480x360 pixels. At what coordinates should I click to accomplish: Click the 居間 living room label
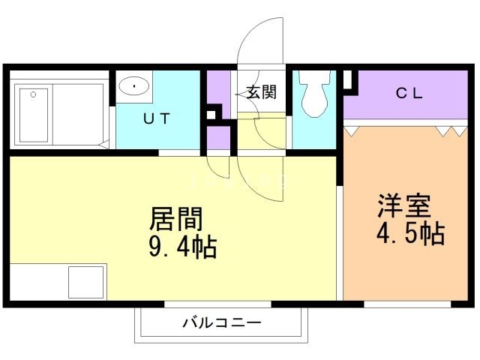point(177,219)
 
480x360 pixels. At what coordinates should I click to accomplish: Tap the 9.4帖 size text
point(181,246)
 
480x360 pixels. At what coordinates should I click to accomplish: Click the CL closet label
point(409,94)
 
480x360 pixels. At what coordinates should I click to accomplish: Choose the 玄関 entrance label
point(262,92)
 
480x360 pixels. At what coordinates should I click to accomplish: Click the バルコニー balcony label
point(221,324)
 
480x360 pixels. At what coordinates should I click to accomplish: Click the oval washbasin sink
point(134,85)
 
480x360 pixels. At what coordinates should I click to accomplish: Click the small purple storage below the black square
point(218,138)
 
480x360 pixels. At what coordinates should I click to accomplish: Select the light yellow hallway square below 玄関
point(262,132)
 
